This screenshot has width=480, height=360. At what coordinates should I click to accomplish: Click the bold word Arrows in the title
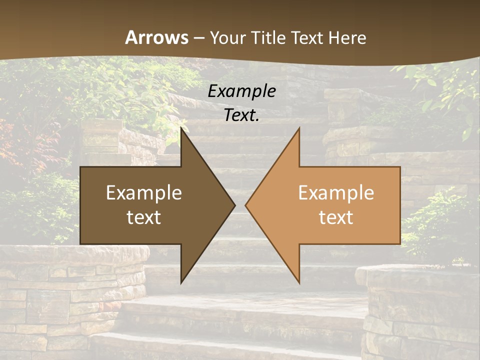(157, 37)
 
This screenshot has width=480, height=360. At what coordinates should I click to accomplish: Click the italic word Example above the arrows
(241, 91)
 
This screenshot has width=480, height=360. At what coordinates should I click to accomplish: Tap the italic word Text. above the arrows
(241, 115)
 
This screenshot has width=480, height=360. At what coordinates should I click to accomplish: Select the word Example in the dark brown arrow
(143, 193)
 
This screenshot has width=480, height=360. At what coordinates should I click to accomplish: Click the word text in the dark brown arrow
(143, 217)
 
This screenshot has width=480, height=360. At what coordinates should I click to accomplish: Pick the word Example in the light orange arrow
(336, 193)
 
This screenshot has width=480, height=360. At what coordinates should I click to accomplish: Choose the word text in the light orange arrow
(336, 217)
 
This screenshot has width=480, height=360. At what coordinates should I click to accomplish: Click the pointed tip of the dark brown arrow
(234, 205)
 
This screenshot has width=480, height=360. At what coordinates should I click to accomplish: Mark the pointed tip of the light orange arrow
(245, 205)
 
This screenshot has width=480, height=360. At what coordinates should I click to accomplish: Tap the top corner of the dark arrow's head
(181, 128)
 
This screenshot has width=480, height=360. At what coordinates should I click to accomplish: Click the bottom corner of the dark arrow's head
(181, 283)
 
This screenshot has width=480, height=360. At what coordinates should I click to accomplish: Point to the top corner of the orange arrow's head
(299, 128)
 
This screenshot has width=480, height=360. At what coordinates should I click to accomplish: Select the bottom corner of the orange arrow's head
(299, 283)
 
